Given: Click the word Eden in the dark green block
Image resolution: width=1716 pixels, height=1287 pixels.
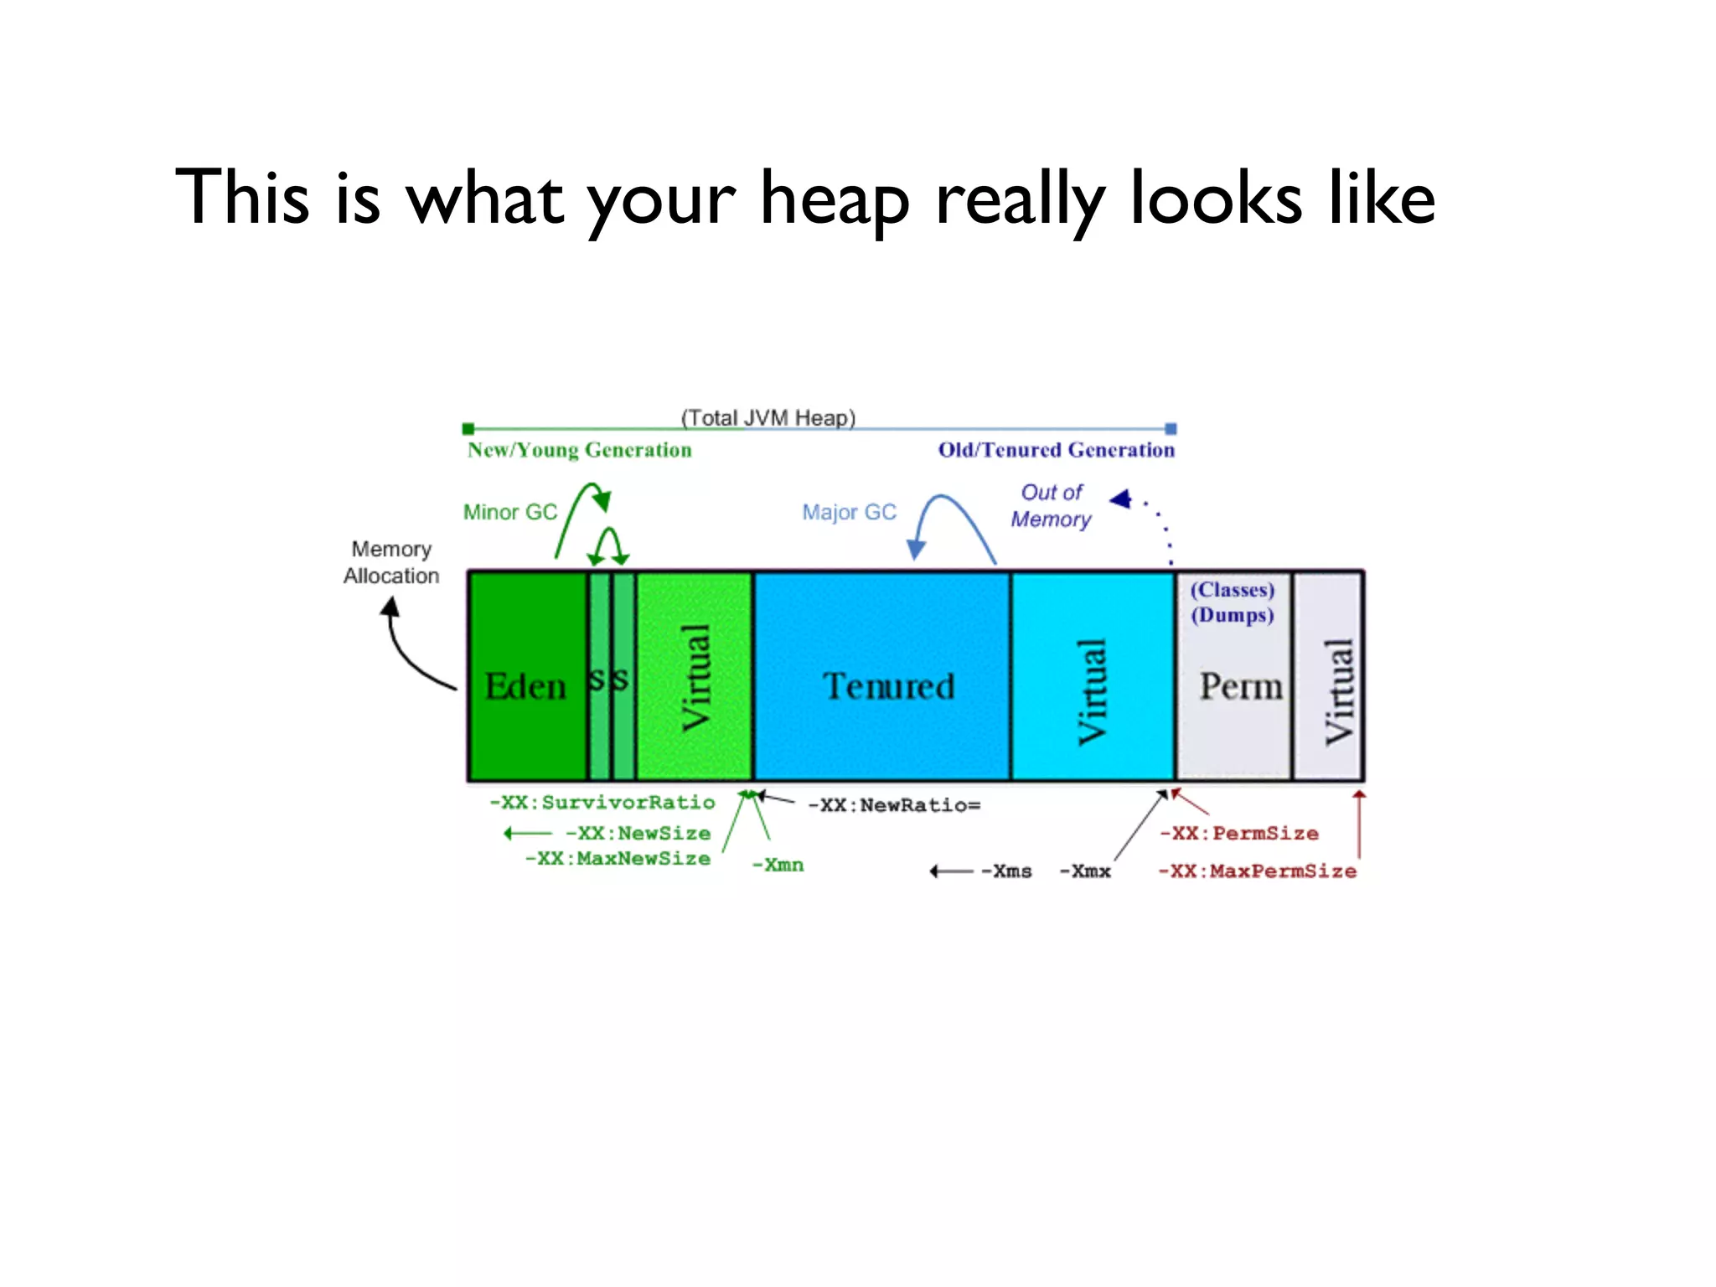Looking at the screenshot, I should click(x=525, y=686).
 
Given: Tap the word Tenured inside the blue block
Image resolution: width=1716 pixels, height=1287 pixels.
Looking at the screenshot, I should click(x=888, y=686).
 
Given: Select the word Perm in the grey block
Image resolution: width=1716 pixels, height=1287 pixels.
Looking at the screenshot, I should click(x=1240, y=686).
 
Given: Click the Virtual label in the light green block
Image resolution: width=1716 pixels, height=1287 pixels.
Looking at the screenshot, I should click(x=696, y=678).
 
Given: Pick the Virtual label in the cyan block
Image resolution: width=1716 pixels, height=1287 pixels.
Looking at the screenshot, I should click(x=1092, y=691).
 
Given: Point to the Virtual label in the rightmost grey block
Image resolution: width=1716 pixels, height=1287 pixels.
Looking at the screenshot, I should click(x=1338, y=691).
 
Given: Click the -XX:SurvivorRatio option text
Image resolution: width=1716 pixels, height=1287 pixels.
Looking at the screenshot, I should click(x=602, y=803).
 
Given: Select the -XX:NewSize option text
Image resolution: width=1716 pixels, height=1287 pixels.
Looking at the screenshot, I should click(x=638, y=834).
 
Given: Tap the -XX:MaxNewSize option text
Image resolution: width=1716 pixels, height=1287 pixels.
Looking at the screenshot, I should click(x=618, y=859).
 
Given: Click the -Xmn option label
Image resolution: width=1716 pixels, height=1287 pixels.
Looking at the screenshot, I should click(x=778, y=865).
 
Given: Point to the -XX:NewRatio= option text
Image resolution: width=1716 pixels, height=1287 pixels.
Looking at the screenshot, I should click(x=894, y=805).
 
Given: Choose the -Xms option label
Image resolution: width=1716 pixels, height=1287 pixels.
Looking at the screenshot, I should click(x=1007, y=871).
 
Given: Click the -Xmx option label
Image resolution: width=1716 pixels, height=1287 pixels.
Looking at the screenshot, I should click(x=1086, y=871).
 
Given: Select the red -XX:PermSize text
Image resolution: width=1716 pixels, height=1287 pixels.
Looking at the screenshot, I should click(x=1239, y=834).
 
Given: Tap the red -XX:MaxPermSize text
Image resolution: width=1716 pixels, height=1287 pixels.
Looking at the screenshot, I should click(x=1257, y=871).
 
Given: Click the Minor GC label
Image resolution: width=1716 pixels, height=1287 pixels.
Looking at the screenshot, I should click(x=510, y=512).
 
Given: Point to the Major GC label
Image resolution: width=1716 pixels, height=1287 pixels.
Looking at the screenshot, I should click(x=849, y=512).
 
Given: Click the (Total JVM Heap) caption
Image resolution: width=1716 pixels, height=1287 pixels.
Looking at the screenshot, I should click(x=768, y=417).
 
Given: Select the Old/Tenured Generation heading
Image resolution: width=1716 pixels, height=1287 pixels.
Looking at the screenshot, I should click(x=1056, y=450).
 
